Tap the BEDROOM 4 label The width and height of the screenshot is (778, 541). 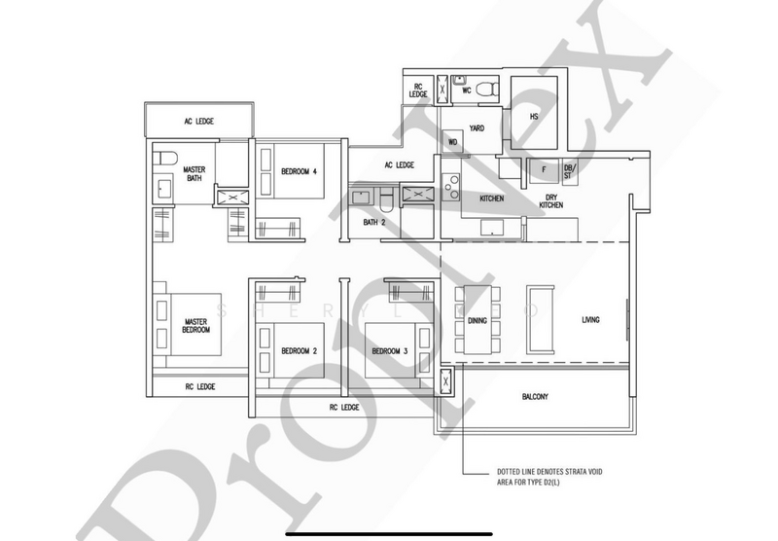point(297,172)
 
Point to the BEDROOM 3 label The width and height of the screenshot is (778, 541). point(388,351)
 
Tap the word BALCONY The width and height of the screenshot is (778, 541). point(534,396)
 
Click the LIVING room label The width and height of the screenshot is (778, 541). point(590,320)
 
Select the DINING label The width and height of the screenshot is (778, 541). point(477,320)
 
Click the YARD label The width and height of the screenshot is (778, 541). point(477,127)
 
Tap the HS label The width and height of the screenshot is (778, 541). point(533,117)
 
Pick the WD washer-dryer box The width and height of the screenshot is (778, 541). point(452,142)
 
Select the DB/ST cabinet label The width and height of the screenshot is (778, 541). point(569,172)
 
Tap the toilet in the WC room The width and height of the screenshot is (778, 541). point(491,89)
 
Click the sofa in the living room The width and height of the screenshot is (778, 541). point(539,317)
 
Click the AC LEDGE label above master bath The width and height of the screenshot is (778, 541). point(198,122)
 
